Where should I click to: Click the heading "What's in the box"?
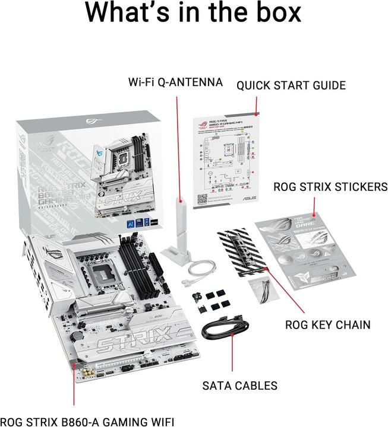click(194, 13)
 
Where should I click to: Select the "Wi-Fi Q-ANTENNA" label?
click(175, 82)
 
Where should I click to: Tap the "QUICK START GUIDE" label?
click(291, 85)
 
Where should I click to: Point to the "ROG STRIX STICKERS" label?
click(330, 187)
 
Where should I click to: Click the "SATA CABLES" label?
click(241, 385)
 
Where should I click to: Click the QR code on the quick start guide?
click(203, 199)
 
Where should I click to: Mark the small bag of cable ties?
click(260, 291)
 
